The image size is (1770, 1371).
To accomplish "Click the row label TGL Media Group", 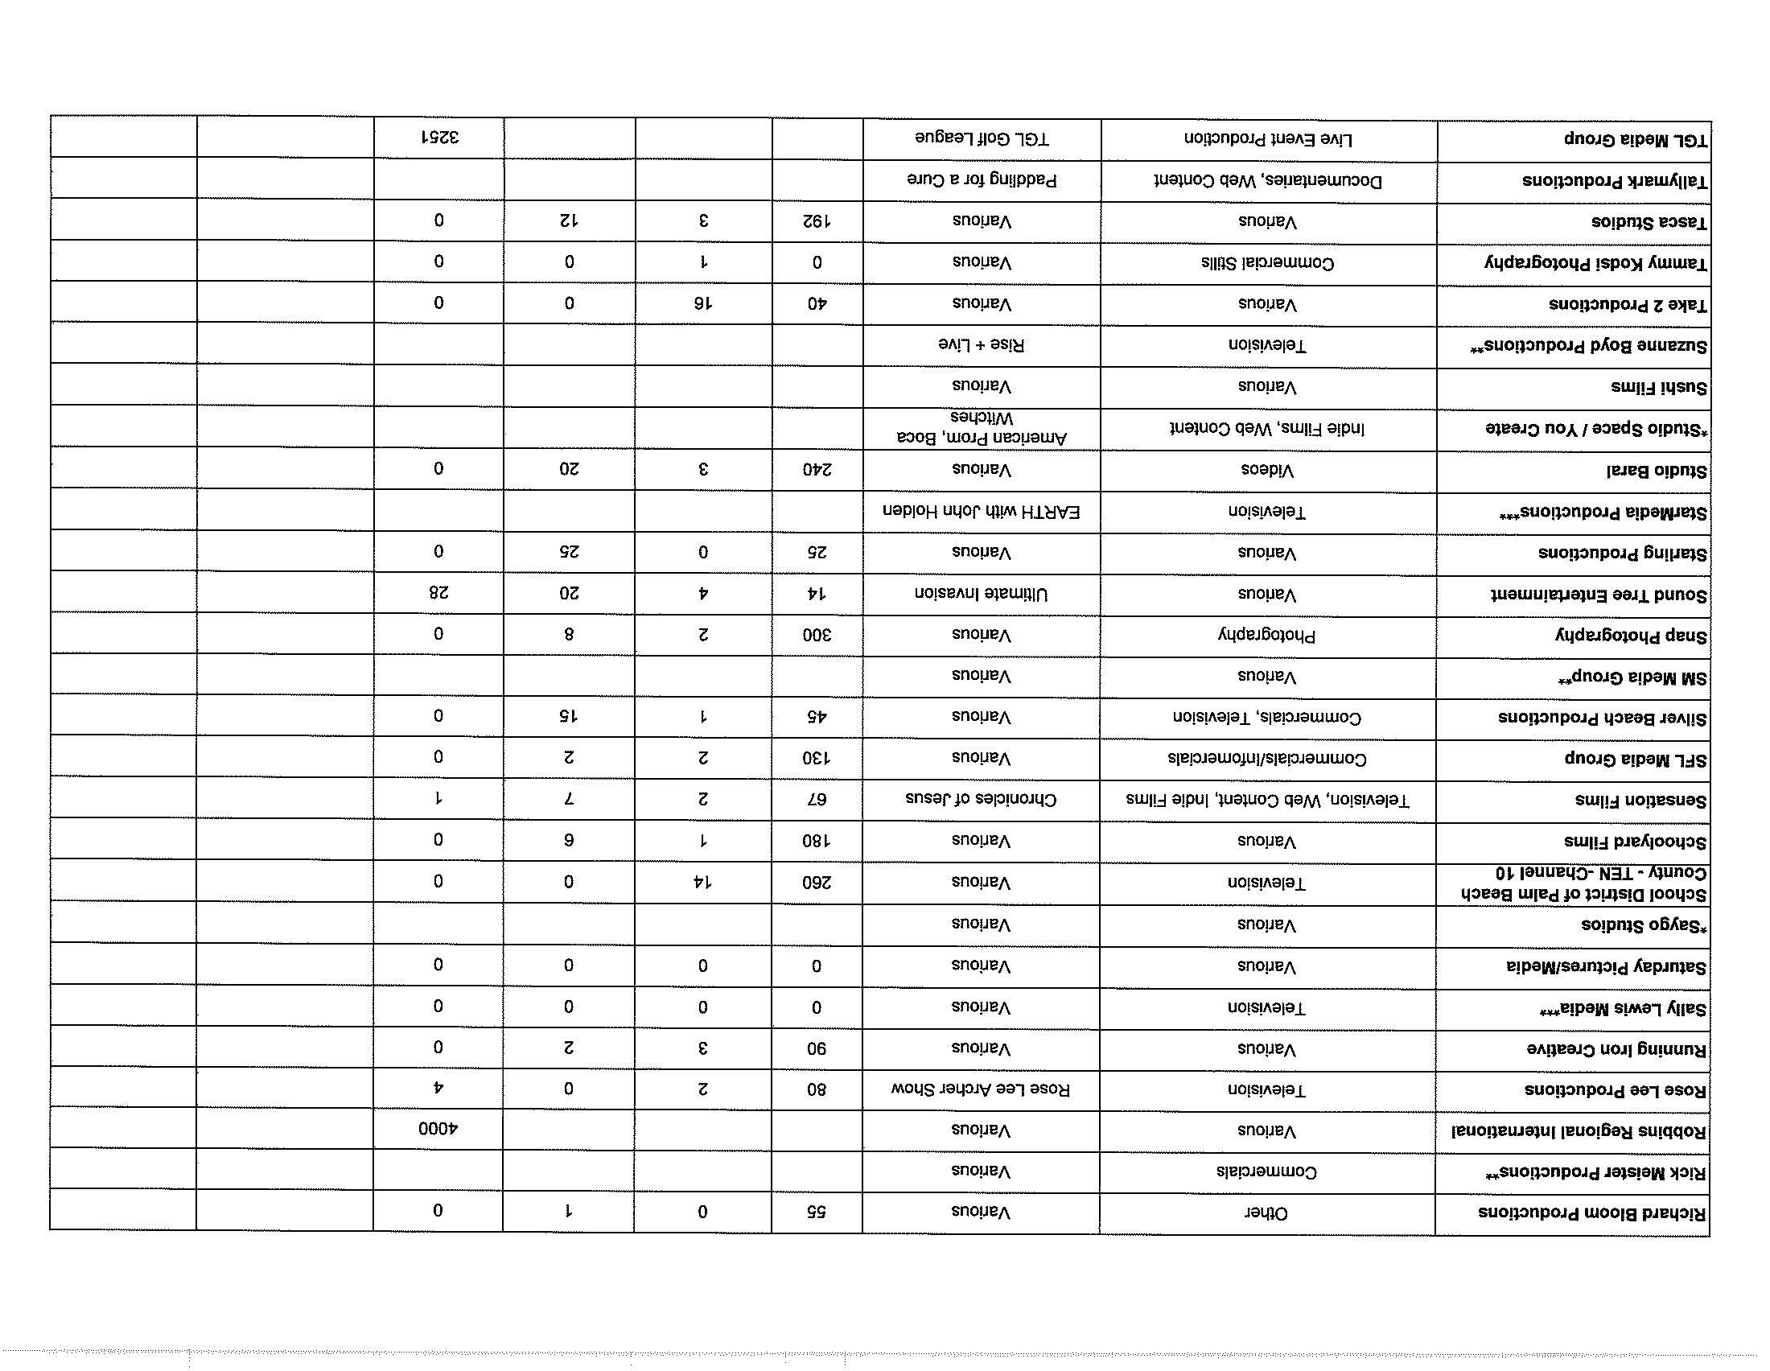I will (x=1636, y=139).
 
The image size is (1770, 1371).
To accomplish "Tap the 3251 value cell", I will (x=439, y=137).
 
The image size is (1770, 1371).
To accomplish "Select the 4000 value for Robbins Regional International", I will (x=438, y=1128).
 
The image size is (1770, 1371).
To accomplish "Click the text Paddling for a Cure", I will (x=982, y=179).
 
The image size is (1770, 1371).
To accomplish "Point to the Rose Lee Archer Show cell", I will (x=981, y=1089).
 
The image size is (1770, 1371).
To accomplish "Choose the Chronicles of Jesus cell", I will (x=981, y=799).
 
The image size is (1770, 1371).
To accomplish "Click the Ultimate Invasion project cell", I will (x=981, y=594).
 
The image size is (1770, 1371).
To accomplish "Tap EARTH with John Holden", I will (x=981, y=511).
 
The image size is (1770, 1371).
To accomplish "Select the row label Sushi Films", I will (x=1658, y=387).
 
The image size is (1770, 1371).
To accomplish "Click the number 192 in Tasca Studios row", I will (x=817, y=220).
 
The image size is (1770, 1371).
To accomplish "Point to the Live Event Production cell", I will (x=1268, y=139).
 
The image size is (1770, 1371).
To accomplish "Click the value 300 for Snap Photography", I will (x=817, y=636).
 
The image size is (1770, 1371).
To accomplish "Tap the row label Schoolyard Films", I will (x=1635, y=842).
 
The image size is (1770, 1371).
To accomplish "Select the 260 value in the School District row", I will (x=817, y=883).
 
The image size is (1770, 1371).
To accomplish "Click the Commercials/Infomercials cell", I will (x=1266, y=759).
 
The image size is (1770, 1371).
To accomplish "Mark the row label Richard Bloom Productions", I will (x=1591, y=1213).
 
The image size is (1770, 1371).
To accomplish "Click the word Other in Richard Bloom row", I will (x=1266, y=1213).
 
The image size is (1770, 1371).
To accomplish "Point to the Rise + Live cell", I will (x=981, y=345).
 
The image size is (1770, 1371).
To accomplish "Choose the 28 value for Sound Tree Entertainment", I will (x=438, y=592).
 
